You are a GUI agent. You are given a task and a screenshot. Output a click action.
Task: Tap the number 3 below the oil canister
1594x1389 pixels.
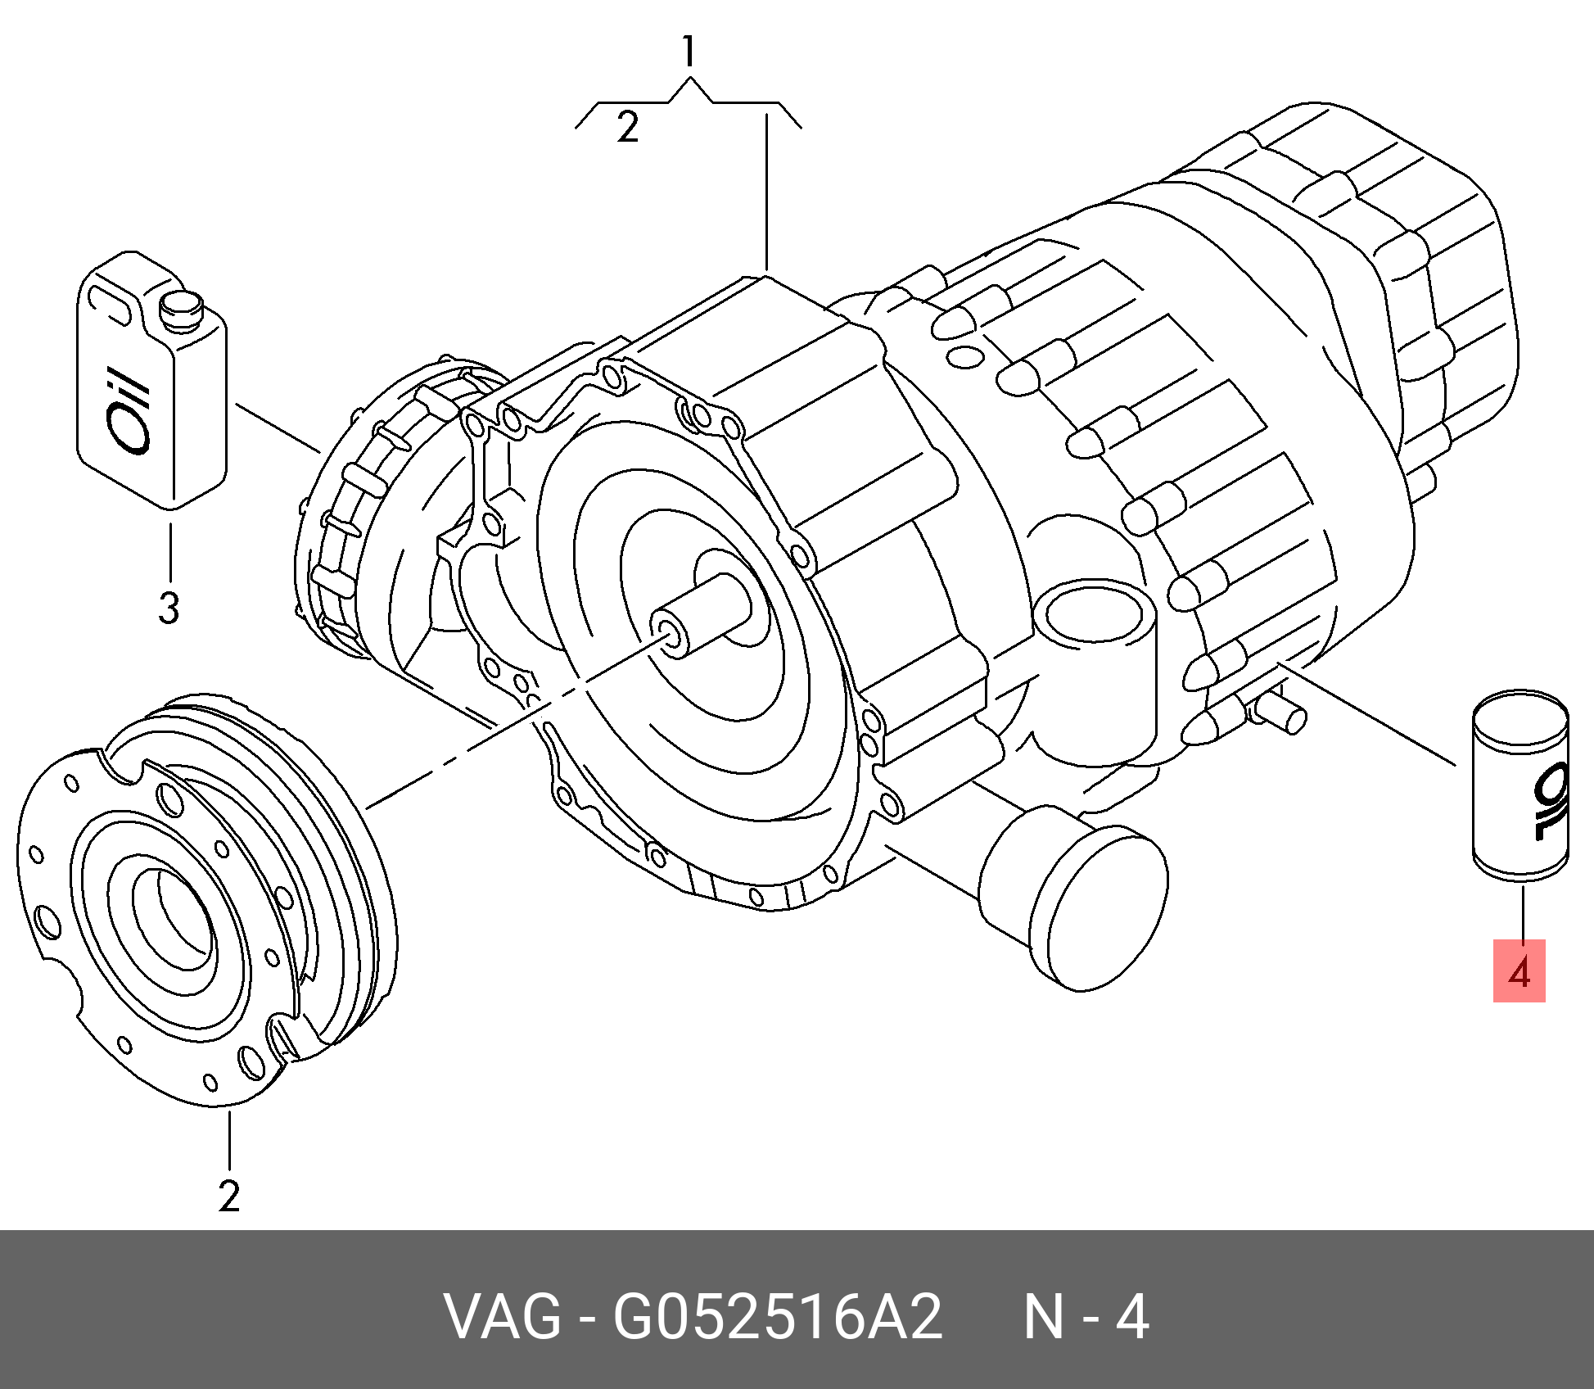click(x=168, y=609)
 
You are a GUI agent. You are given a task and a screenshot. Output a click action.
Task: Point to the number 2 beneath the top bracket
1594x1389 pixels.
click(x=627, y=129)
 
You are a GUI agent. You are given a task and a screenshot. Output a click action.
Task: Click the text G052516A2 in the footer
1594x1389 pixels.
click(x=778, y=1318)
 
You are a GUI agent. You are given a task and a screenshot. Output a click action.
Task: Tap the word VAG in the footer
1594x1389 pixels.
click(x=501, y=1318)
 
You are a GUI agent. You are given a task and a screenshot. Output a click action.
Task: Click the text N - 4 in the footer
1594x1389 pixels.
click(x=1086, y=1318)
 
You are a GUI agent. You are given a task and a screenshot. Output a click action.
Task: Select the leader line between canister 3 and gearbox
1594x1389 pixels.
click(x=277, y=428)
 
